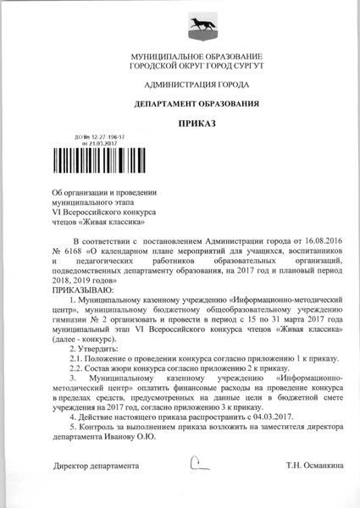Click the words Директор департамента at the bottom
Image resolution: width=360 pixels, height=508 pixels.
pyautogui.click(x=95, y=466)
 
